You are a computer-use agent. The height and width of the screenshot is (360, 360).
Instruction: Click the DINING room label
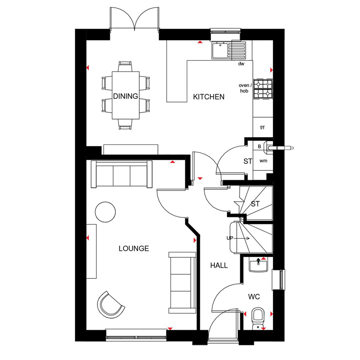tap(126, 96)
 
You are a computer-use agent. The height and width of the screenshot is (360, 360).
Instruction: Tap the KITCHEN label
tap(209, 97)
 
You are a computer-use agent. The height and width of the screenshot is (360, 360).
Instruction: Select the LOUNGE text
tap(134, 249)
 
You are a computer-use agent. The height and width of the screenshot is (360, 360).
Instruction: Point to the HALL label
tap(219, 265)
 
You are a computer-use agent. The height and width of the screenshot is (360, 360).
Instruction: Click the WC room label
tap(254, 297)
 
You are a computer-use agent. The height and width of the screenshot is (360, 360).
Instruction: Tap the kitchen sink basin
tap(220, 50)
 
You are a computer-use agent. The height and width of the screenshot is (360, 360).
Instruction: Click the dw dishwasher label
tap(241, 64)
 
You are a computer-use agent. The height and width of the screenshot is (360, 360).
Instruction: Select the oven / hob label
tap(245, 88)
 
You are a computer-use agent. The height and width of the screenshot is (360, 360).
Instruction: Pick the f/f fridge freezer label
tap(262, 127)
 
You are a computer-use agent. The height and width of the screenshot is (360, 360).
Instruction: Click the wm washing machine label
tap(263, 161)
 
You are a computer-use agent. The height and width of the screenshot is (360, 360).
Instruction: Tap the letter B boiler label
tap(259, 147)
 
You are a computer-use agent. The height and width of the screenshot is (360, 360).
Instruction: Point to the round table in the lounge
tap(105, 212)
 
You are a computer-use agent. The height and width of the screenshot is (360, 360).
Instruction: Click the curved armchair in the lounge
tap(110, 305)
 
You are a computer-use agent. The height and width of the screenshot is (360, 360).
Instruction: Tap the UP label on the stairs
tap(230, 238)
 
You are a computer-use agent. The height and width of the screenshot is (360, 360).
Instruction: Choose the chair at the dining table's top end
tap(125, 66)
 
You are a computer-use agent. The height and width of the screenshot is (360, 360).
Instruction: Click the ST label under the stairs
tap(255, 204)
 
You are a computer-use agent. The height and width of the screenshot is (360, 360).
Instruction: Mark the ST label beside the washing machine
tap(248, 161)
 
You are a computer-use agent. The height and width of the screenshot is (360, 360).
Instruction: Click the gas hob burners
tap(263, 89)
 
